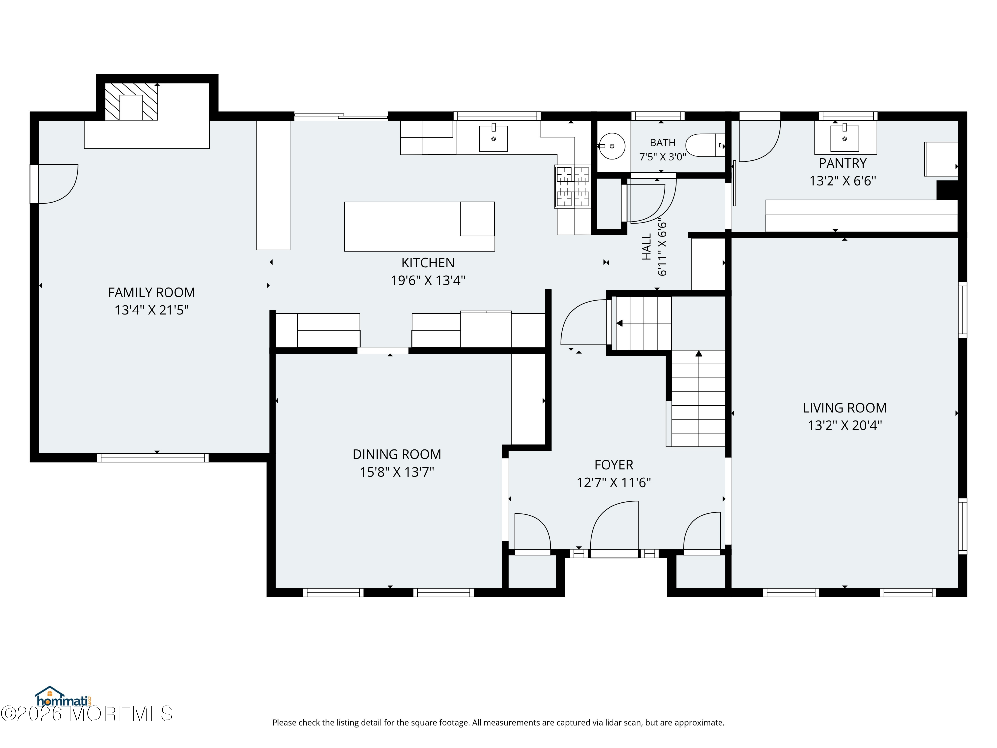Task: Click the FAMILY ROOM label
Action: coord(152,292)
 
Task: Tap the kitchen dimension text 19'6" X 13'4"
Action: coord(428,281)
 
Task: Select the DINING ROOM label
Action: coord(396,454)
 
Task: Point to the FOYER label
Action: coord(613,465)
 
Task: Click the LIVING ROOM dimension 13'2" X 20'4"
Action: coord(845,425)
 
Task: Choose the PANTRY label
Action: coord(842,163)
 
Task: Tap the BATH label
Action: coord(663,143)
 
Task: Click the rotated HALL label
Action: coord(647,247)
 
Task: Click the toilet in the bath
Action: coord(705,145)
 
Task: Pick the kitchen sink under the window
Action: coord(493,138)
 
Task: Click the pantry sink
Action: coord(845,138)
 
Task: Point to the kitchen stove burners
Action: coord(572,186)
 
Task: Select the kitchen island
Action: coord(419,226)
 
